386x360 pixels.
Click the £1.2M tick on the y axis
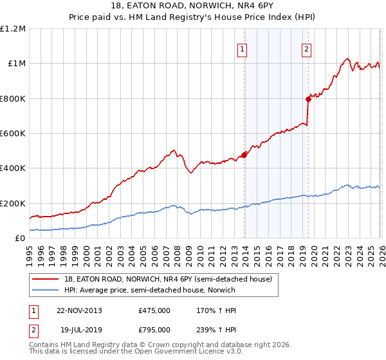pos(13,29)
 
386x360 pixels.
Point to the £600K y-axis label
pos(13,134)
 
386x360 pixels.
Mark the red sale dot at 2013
pos(244,155)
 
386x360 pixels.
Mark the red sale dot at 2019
pos(308,99)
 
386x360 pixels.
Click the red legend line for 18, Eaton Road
pos(45,279)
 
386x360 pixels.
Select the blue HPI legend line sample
pos(45,290)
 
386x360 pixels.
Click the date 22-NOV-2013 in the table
pos(79,310)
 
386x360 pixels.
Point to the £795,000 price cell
pos(154,330)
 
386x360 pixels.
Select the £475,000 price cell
pos(154,310)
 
